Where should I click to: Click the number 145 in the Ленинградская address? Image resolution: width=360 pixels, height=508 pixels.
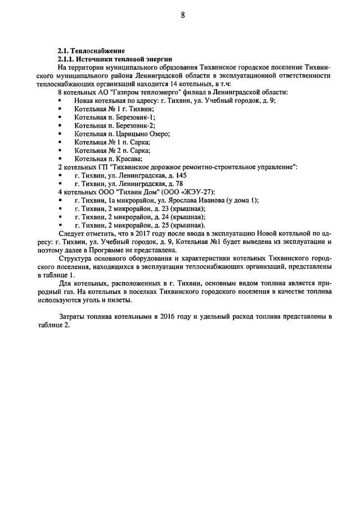point(180,175)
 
